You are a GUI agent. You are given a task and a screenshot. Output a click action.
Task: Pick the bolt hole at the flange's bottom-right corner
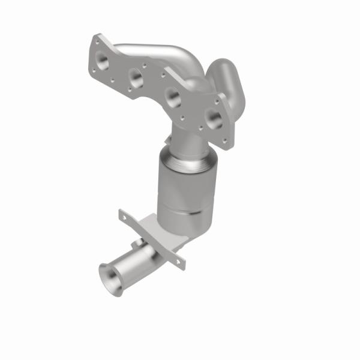226,142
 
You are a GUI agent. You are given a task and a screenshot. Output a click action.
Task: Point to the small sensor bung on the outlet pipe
137,245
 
